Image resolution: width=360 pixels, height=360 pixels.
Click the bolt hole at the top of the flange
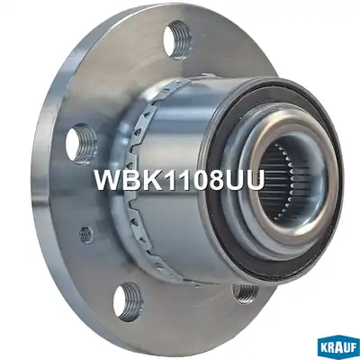click(177, 40)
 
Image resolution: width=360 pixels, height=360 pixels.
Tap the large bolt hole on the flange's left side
click(82, 145)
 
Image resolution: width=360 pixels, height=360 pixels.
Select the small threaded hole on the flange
click(86, 235)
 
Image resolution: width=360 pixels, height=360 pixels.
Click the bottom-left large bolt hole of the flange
click(129, 301)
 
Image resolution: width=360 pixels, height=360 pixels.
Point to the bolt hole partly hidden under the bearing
click(246, 292)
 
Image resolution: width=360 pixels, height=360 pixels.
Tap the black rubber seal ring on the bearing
click(274, 177)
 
